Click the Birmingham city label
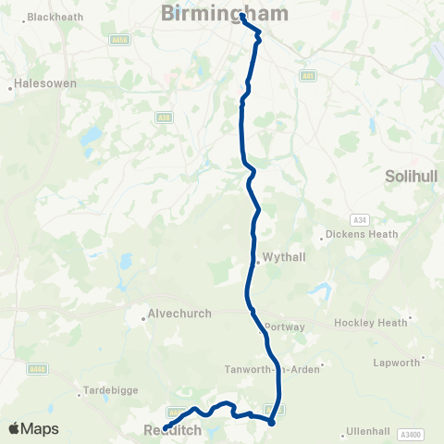coord(225,13)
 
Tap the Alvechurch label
coord(180,314)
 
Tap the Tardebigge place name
coord(110,390)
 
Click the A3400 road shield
coord(410,433)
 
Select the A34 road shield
coord(360,219)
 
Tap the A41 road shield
coord(307,76)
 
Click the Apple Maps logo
coord(33,428)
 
